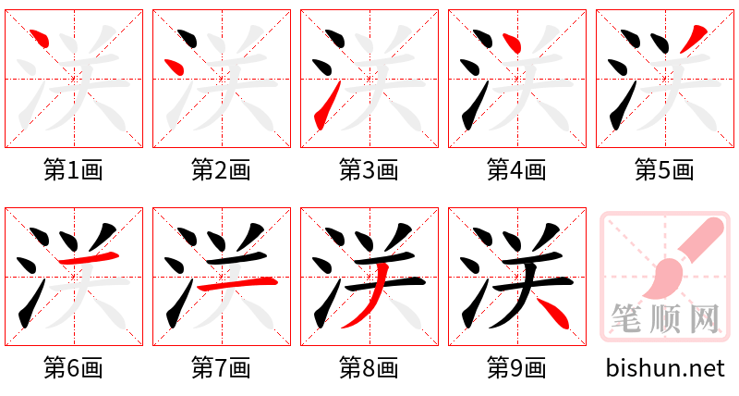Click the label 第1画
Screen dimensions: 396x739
click(74, 170)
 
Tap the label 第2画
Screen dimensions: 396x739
click(222, 170)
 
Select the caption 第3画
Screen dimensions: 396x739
click(369, 170)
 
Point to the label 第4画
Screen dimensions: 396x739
click(517, 170)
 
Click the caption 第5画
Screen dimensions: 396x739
click(665, 170)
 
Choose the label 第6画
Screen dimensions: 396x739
click(74, 368)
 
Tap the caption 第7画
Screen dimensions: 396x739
click(222, 368)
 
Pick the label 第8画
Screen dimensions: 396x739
click(369, 368)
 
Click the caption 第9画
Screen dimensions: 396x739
click(517, 368)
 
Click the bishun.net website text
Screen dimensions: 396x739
click(665, 368)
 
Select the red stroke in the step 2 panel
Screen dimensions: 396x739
click(174, 66)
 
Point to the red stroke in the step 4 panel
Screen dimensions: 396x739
click(512, 42)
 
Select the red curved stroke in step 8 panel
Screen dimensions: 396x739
click(373, 296)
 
